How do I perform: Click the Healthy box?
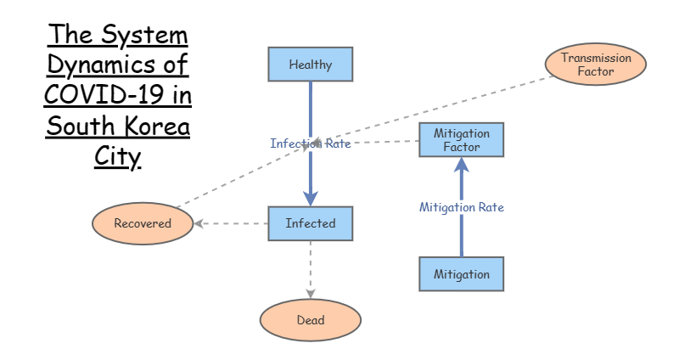[310, 65]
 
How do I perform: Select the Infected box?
[310, 223]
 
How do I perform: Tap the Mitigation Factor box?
[462, 140]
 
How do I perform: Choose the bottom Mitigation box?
[462, 274]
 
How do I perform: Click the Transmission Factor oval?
[596, 65]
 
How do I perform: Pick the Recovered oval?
[143, 224]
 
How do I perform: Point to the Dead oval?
[311, 320]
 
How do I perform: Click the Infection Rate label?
[310, 143]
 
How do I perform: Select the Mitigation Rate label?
[462, 207]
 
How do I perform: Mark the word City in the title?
[117, 157]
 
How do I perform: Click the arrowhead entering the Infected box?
[310, 199]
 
